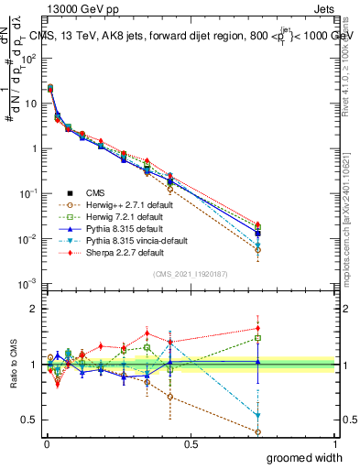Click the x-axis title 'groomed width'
(x=302, y=457)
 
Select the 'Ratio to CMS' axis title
(x=13, y=365)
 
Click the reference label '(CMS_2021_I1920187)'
(x=190, y=274)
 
